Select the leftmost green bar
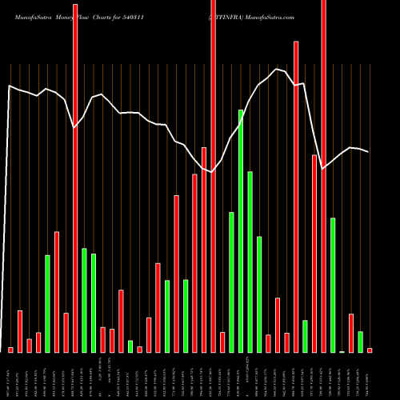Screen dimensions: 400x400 47,303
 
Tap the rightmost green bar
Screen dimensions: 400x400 361,342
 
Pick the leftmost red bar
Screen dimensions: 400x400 10,350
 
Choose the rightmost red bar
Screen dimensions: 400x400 370,350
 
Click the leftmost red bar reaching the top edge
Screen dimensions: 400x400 75,176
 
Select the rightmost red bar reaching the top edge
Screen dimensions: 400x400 324,176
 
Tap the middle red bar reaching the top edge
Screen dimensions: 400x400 214,176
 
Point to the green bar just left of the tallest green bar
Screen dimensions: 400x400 232,282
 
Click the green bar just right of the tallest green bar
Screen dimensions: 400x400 250,262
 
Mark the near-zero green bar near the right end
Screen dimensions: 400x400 342,351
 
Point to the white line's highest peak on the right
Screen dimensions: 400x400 277,69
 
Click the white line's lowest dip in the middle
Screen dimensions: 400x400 213,172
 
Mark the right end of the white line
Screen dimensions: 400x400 369,152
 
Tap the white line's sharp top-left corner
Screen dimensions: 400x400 10,85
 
